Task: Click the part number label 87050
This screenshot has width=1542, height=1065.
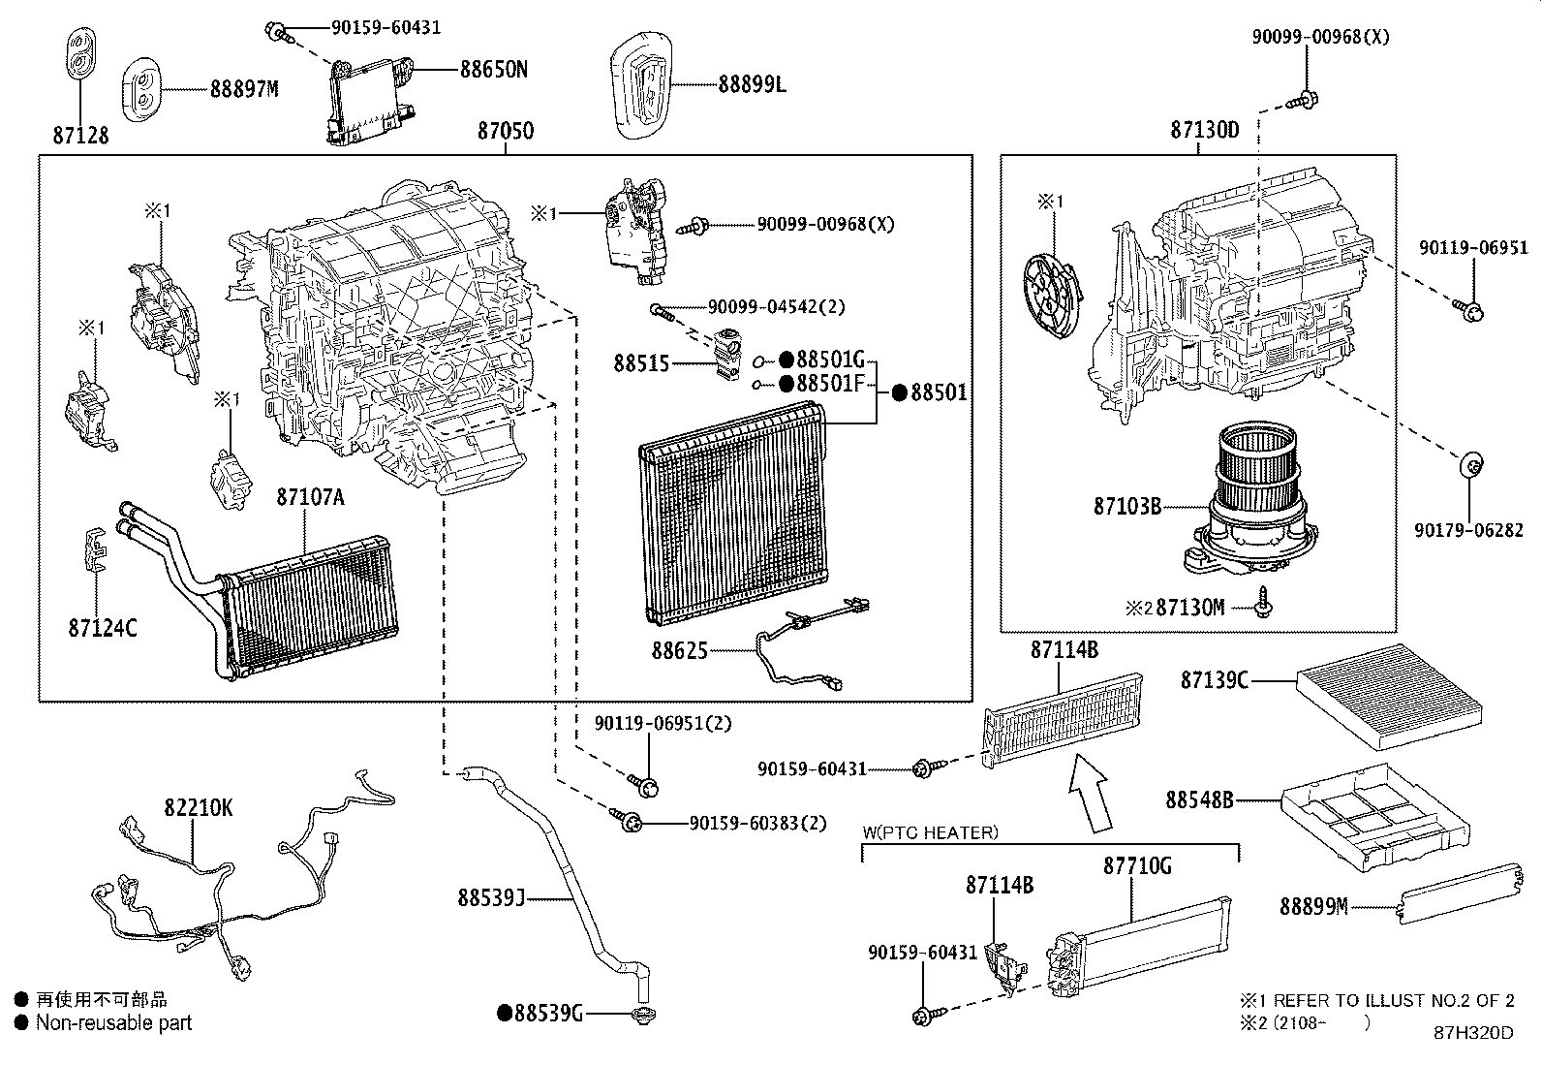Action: (x=505, y=131)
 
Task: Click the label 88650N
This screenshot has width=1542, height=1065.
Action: (x=493, y=70)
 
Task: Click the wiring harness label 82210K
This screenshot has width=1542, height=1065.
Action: (x=198, y=808)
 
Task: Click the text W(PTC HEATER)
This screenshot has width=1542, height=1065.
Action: (x=930, y=832)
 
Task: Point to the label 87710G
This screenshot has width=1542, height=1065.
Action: (x=1136, y=865)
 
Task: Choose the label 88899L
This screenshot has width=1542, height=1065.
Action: (x=752, y=85)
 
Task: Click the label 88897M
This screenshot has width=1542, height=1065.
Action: (x=244, y=89)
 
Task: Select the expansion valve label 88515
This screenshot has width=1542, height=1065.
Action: (x=641, y=364)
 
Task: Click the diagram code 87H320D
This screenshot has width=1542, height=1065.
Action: (x=1473, y=1032)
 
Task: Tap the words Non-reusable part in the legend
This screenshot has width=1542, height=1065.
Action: (x=113, y=1022)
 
